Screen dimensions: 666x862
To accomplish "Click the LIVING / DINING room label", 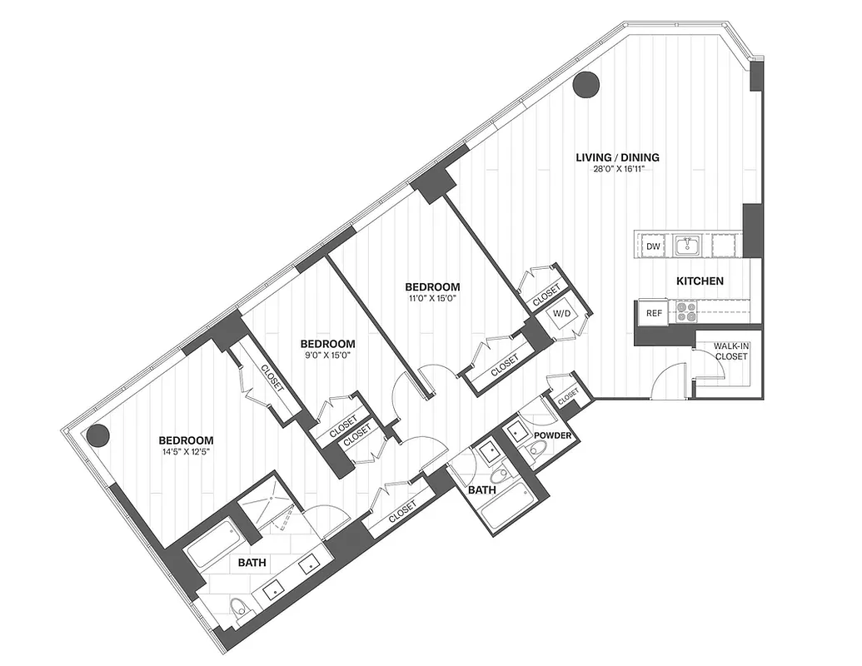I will click(618, 157).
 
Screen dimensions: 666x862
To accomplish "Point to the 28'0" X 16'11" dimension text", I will click(618, 169).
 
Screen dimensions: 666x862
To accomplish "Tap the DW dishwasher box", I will click(654, 246).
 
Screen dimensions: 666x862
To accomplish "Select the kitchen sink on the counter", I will click(688, 245).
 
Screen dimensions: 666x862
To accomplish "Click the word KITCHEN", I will click(699, 281).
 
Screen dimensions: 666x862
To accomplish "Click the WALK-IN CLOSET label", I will click(730, 351).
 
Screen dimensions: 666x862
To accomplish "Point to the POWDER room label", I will click(551, 435).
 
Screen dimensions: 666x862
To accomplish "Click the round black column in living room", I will click(587, 84).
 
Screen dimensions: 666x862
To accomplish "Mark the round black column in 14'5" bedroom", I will click(99, 435).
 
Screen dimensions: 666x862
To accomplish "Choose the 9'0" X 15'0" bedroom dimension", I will click(328, 355).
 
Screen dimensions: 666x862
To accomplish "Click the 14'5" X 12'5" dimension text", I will click(187, 453).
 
